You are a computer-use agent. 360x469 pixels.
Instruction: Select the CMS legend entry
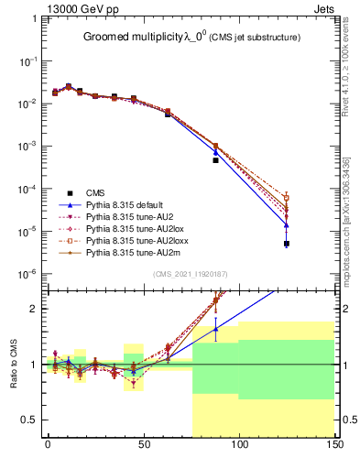pyautogui.click(x=94, y=192)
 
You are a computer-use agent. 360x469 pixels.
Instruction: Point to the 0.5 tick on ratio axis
pyautogui.click(x=33, y=420)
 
